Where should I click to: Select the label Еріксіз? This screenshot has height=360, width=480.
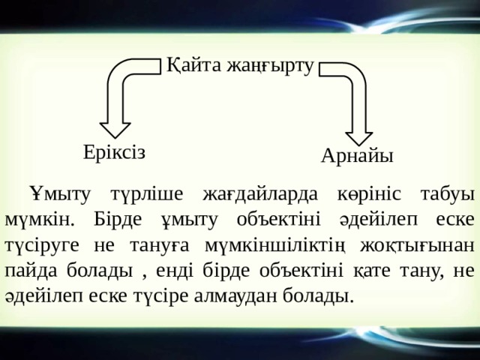pyautogui.click(x=115, y=151)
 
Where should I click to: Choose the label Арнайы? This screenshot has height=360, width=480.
pyautogui.click(x=357, y=155)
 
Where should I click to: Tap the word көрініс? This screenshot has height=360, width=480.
pyautogui.click(x=364, y=193)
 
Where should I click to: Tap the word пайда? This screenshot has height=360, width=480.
pyautogui.click(x=28, y=270)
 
